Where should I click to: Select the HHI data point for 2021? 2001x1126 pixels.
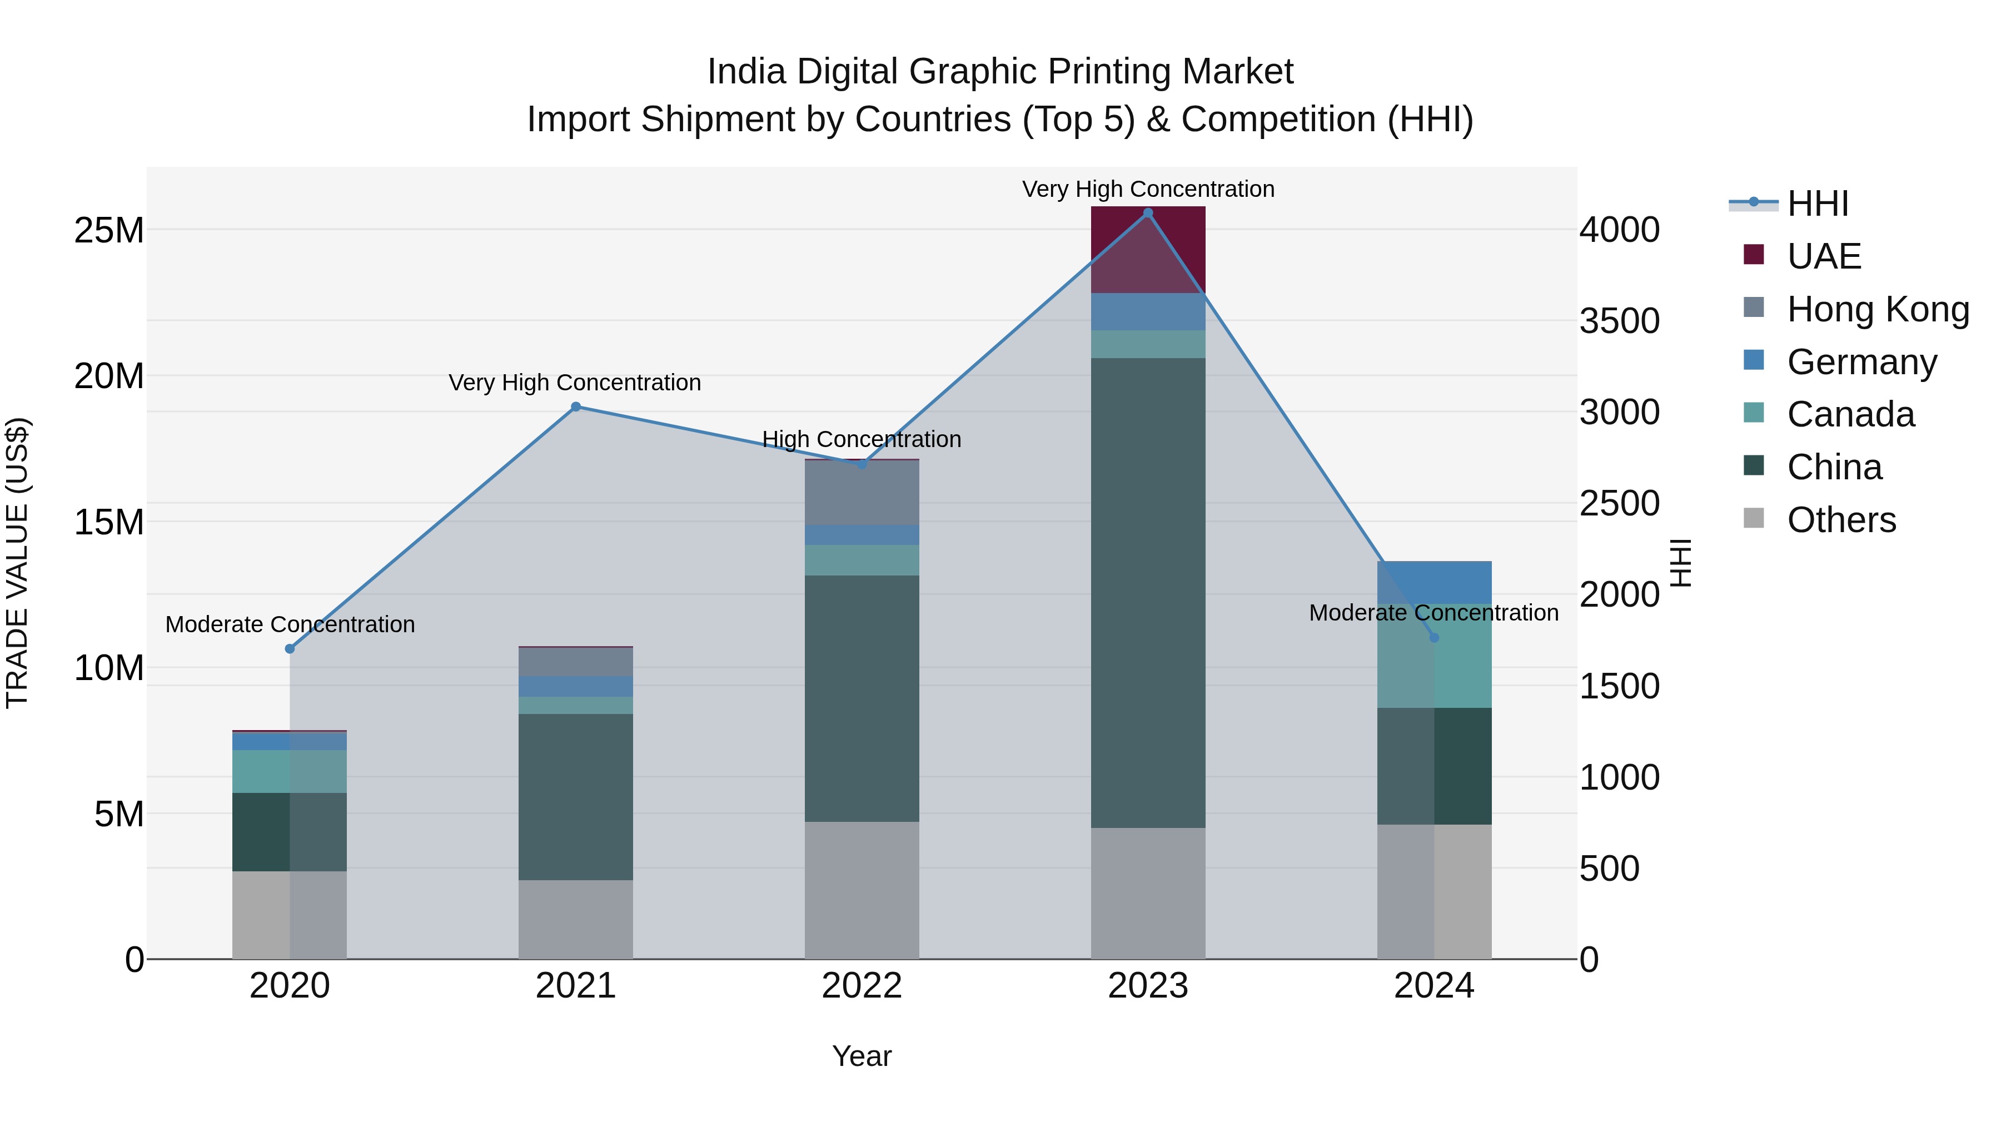point(576,406)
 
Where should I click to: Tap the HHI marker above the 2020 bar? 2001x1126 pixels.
point(290,649)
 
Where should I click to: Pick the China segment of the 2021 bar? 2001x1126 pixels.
point(576,796)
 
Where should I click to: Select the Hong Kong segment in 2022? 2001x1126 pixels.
point(862,493)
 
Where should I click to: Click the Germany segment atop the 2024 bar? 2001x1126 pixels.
point(1434,582)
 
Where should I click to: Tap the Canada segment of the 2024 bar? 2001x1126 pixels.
point(1434,668)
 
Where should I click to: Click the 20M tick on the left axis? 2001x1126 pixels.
point(109,376)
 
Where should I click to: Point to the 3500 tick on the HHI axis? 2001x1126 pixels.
point(1620,321)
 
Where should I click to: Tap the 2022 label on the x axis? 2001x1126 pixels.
point(862,986)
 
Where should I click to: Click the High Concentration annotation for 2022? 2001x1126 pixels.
point(862,439)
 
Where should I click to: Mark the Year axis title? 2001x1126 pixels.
point(862,1056)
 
